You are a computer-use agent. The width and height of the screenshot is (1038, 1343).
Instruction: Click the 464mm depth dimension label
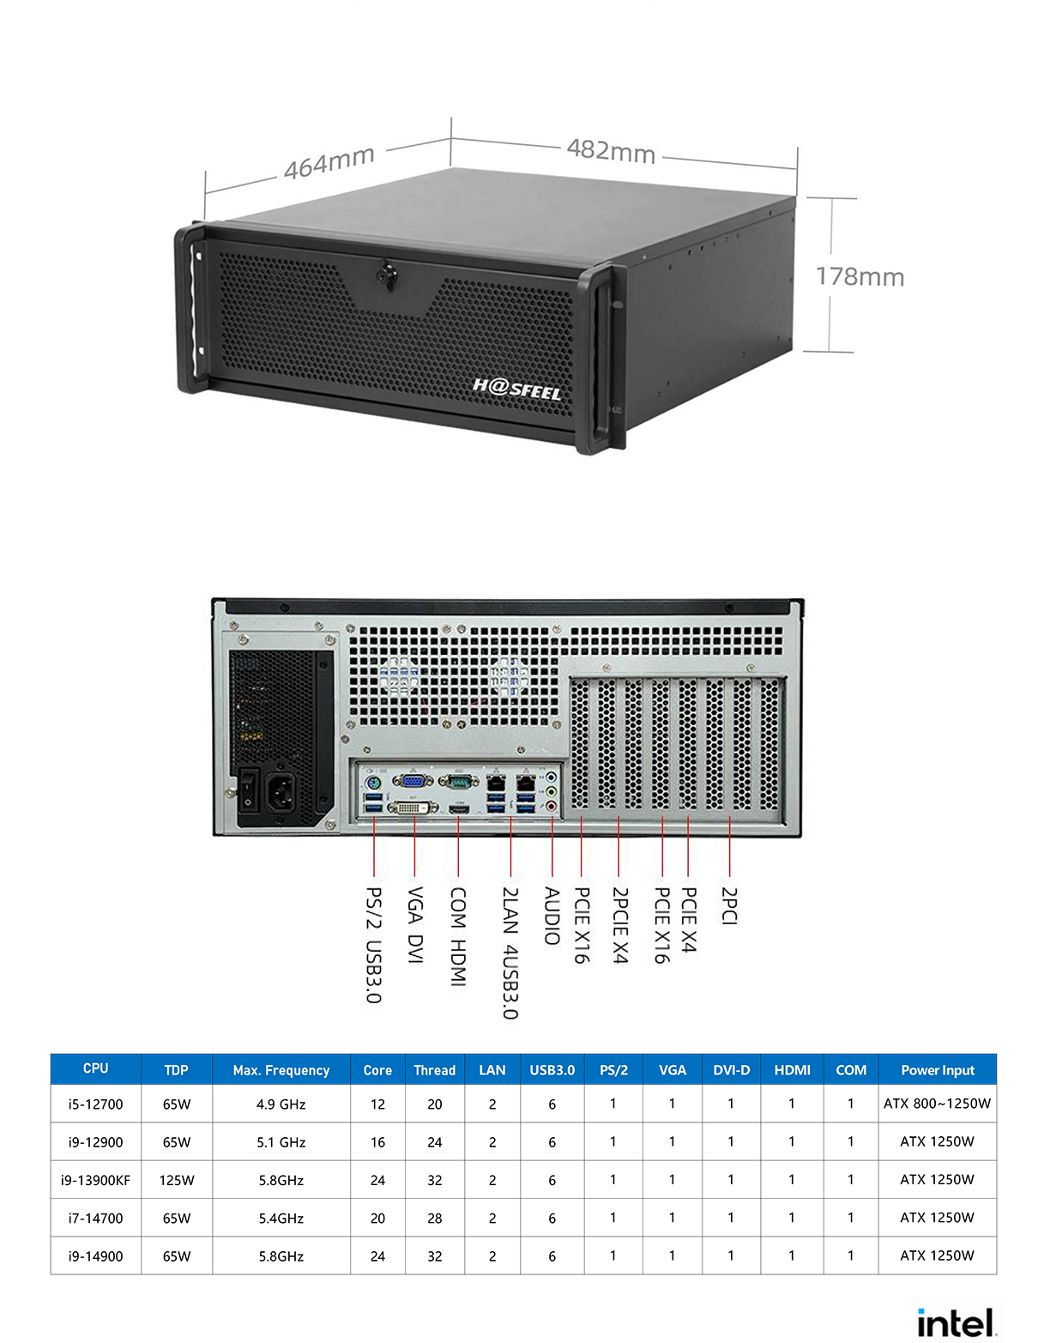pos(329,161)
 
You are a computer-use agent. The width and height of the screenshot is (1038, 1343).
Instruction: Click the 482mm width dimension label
pos(611,151)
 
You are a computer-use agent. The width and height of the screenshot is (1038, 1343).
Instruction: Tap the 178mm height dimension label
pos(860,277)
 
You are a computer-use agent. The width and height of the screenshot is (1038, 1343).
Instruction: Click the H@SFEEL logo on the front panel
pos(516,389)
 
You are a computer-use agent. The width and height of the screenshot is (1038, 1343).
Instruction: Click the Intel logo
pos(956,1322)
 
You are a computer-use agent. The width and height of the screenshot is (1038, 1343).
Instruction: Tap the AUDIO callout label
pos(552,916)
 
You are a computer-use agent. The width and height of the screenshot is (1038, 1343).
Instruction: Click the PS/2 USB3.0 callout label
pos(374,944)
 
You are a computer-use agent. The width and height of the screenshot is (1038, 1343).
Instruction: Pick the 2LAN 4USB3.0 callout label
pos(510,953)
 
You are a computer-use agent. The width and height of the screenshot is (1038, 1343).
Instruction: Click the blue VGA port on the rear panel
pos(413,781)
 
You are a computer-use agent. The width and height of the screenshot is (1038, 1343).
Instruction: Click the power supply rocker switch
pos(249,789)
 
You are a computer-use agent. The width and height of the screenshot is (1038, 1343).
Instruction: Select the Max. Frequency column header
pos(281,1070)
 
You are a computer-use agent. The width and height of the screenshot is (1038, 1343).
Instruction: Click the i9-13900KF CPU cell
pos(95,1180)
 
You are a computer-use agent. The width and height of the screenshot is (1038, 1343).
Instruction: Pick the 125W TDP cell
pos(177,1180)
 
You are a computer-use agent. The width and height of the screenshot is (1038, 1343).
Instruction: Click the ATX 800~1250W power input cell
pos(937,1104)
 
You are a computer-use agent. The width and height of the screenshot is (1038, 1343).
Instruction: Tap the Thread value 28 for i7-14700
pos(434,1218)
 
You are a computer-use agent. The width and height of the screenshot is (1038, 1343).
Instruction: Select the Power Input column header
pos(937,1070)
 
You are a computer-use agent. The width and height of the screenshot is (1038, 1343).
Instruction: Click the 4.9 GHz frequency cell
pos(281,1104)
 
